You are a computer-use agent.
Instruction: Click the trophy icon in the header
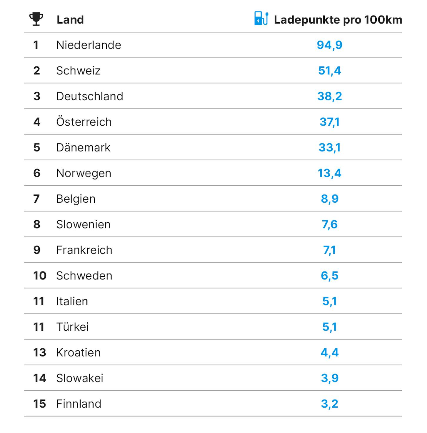click(x=36, y=19)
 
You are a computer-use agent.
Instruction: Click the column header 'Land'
click(x=70, y=20)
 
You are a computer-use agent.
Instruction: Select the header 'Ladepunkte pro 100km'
click(x=338, y=20)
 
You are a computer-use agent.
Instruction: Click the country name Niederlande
click(x=89, y=45)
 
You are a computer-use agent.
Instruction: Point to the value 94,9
click(x=329, y=45)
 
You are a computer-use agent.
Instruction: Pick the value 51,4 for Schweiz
click(x=329, y=71)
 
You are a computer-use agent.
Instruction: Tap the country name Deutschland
click(x=90, y=96)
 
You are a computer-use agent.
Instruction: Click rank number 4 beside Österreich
click(x=37, y=122)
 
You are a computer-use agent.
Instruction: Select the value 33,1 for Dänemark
click(x=329, y=148)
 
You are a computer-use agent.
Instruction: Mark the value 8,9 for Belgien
click(x=329, y=199)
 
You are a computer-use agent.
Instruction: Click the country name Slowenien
click(x=84, y=224)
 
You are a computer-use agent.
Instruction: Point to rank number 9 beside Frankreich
click(x=37, y=250)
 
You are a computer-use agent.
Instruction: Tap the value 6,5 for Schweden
click(x=329, y=276)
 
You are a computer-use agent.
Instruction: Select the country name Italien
click(x=72, y=301)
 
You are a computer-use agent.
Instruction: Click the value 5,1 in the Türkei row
click(x=329, y=327)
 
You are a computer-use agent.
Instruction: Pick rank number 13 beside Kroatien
click(x=40, y=352)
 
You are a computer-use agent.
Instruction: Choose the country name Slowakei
click(x=80, y=378)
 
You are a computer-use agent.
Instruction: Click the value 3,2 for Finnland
click(x=329, y=404)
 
